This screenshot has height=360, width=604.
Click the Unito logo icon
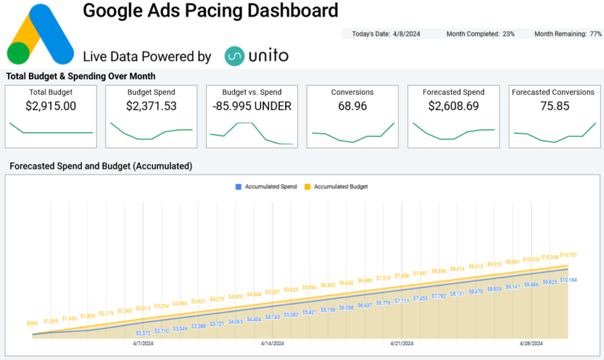pos(234,56)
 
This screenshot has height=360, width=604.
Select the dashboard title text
pos(210,11)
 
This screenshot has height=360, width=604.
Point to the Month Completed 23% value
pos(509,34)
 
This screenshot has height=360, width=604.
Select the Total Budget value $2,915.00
pos(51,106)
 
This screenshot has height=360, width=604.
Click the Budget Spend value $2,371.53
pos(151,106)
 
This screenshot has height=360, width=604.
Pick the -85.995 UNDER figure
pos(252,106)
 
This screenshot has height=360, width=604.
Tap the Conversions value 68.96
pos(352,106)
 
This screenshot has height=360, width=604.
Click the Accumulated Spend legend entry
pos(267,187)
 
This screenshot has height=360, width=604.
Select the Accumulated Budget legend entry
pos(336,187)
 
